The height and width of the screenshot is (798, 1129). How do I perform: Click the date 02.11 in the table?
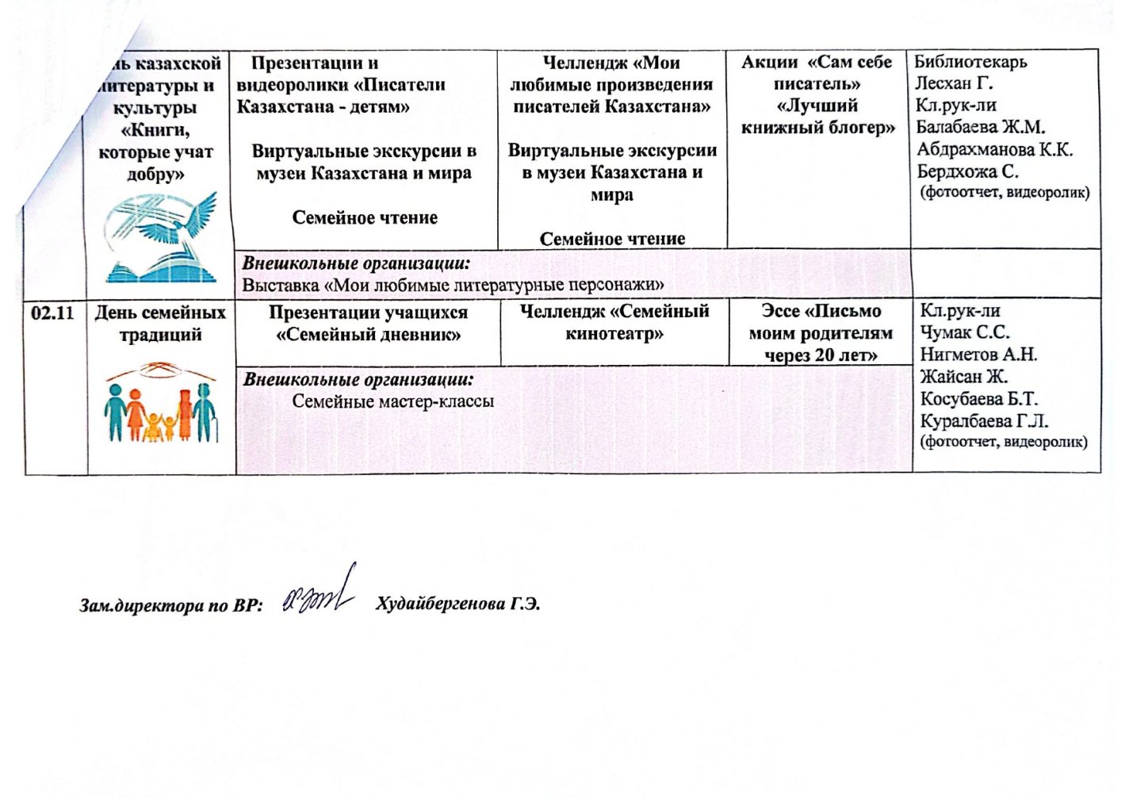(52, 313)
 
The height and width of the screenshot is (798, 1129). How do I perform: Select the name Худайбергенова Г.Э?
(457, 604)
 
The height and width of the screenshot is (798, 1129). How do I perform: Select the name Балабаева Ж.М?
(980, 127)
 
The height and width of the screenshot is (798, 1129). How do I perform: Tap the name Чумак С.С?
(964, 332)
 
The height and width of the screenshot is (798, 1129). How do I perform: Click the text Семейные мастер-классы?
(392, 401)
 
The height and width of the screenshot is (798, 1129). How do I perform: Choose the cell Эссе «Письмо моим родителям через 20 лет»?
(821, 333)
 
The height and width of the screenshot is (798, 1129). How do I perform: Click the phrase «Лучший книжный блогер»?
(817, 117)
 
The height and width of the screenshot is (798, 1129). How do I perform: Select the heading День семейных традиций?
(160, 324)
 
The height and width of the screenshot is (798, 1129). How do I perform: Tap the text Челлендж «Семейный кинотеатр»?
(614, 323)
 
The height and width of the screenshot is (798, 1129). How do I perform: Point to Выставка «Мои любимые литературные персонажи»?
(453, 285)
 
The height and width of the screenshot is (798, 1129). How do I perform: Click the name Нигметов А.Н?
(978, 355)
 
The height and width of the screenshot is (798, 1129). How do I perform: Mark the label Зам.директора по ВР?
(170, 606)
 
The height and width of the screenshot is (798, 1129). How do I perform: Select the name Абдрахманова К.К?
(994, 149)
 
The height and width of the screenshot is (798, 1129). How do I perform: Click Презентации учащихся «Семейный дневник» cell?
(368, 324)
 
